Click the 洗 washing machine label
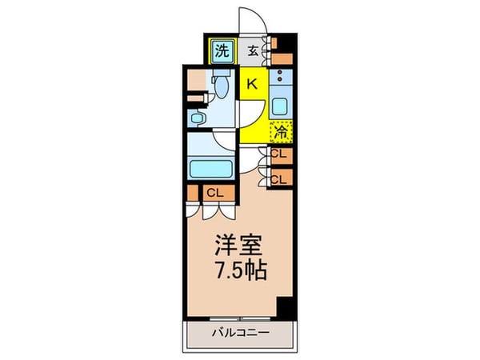click(x=222, y=51)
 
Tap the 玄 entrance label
click(x=253, y=51)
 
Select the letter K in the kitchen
click(x=251, y=83)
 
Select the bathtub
click(x=210, y=170)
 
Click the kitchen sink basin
click(x=281, y=106)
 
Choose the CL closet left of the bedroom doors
click(x=214, y=193)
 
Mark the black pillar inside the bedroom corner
click(x=284, y=308)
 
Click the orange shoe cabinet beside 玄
click(x=281, y=50)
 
